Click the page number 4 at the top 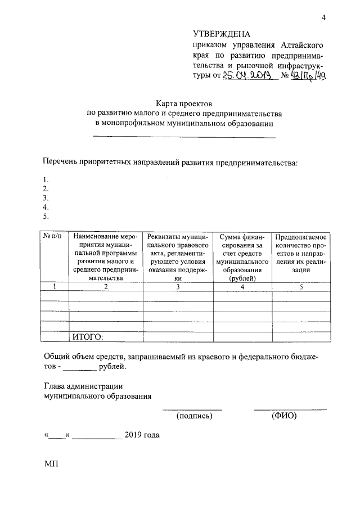323,17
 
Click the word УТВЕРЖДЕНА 221,34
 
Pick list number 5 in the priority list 46,216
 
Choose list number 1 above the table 46,180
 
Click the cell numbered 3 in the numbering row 178,287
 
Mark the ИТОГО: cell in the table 89,337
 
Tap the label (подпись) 194,417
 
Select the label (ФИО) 283,417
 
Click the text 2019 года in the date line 142,436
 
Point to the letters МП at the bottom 51,465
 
